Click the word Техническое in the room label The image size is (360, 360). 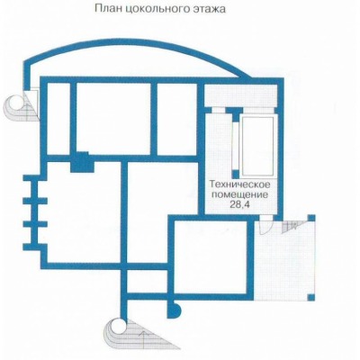[240, 184]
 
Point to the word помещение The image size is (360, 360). [240, 194]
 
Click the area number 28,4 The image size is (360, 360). [240, 204]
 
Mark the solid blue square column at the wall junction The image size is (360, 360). [83, 162]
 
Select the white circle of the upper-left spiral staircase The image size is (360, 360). [15, 103]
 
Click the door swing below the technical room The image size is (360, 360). [265, 227]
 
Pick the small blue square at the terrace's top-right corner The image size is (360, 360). [311, 218]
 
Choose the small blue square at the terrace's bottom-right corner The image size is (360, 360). [311, 297]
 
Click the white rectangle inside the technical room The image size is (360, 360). [258, 146]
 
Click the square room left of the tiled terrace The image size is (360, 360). [211, 256]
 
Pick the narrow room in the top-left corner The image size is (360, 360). [58, 119]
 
